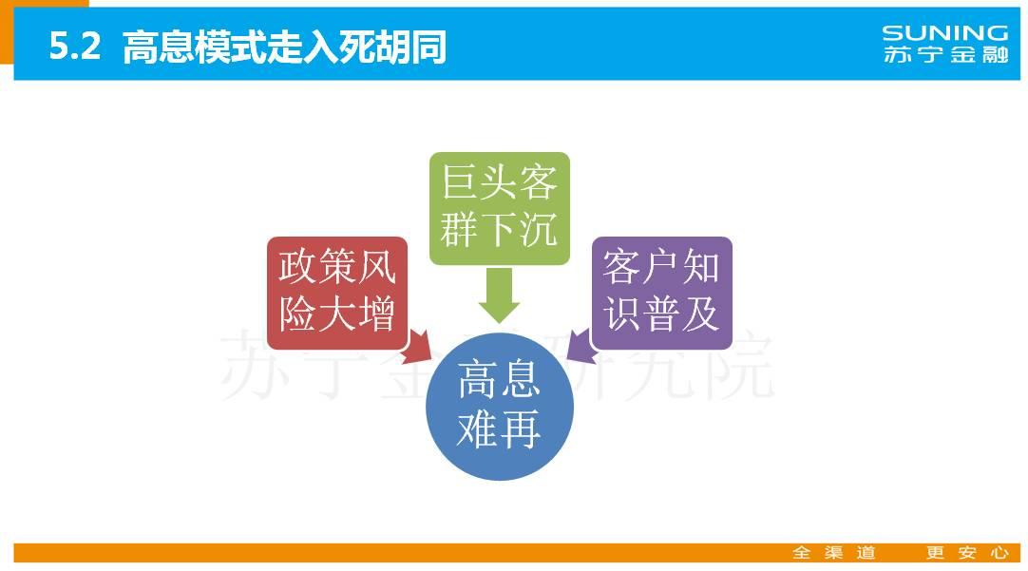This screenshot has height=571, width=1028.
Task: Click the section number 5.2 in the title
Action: [75, 46]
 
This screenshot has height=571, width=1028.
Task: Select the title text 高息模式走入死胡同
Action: [284, 47]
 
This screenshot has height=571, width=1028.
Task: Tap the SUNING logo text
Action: [944, 33]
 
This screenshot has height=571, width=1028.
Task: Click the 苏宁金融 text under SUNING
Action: [944, 54]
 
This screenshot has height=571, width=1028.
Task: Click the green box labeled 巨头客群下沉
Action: [500, 208]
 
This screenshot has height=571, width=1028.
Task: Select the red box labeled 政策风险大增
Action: [337, 293]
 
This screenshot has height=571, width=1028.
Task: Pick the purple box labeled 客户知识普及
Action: [661, 293]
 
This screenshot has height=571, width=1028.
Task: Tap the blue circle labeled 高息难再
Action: [500, 407]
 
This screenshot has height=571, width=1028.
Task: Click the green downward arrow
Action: [500, 295]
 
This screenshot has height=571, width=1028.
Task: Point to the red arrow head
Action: [418, 348]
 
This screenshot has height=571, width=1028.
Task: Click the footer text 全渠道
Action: [834, 553]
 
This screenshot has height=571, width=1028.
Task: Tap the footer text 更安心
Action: [967, 553]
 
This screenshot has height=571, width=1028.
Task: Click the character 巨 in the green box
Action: [460, 181]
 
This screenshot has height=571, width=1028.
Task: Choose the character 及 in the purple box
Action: [701, 314]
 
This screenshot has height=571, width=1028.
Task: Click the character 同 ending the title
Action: [428, 47]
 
